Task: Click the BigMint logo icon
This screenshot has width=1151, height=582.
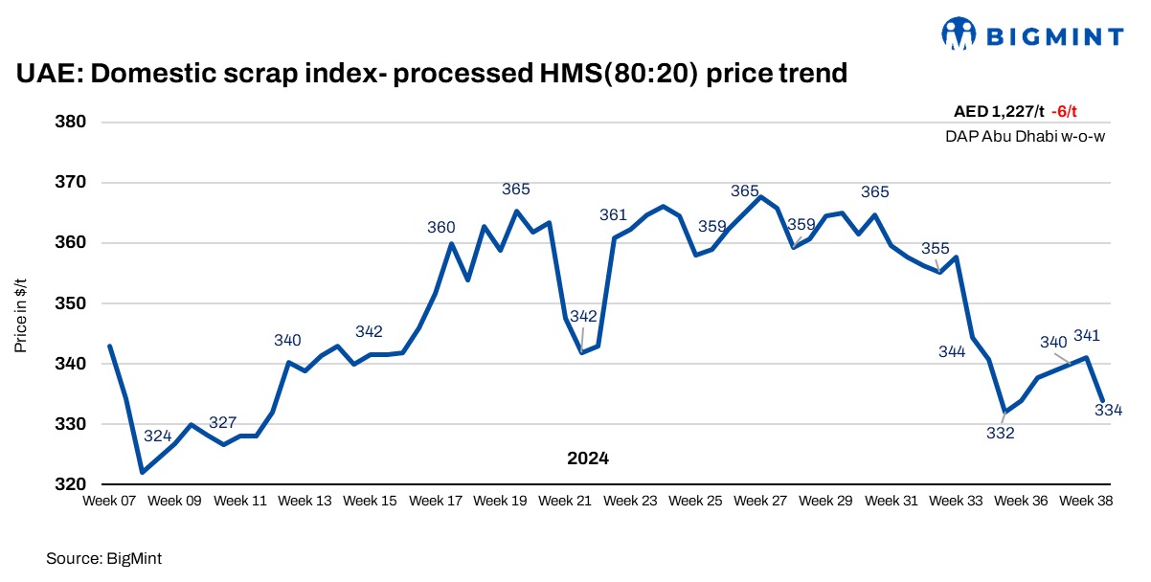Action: (x=959, y=34)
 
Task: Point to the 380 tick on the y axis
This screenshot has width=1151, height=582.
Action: (x=72, y=122)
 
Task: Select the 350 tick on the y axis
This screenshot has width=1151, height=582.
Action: (x=72, y=303)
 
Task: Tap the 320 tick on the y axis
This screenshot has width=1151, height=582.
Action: (x=72, y=484)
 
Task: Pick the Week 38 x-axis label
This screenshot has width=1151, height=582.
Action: (x=1085, y=501)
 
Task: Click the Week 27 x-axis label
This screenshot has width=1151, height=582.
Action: (x=760, y=501)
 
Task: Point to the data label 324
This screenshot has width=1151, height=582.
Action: (x=157, y=436)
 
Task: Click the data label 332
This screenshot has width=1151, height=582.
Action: (x=1000, y=433)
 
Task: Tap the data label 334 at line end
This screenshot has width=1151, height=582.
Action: (x=1108, y=411)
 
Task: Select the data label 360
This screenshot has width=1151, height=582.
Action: (x=440, y=227)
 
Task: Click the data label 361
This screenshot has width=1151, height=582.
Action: (x=613, y=214)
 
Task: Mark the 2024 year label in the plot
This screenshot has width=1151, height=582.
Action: (x=588, y=459)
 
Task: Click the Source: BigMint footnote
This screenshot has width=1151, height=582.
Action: (x=98, y=556)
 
